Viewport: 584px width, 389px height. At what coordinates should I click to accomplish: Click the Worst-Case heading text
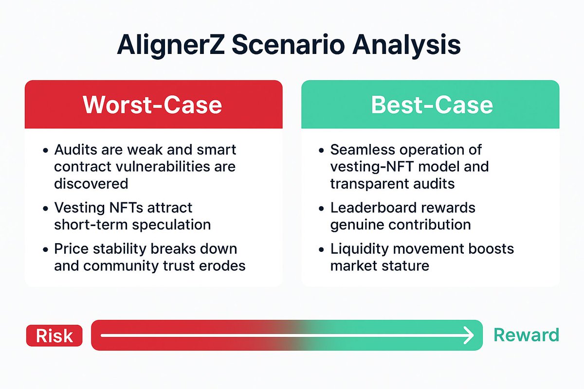click(152, 105)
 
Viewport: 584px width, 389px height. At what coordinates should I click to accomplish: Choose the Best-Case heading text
click(432, 105)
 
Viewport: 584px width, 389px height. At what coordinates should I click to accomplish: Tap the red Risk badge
click(55, 336)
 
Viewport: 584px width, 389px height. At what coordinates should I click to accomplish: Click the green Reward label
click(526, 335)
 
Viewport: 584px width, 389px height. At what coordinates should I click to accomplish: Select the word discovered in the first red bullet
click(91, 183)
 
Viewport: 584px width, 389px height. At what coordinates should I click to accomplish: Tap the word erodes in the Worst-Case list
click(223, 265)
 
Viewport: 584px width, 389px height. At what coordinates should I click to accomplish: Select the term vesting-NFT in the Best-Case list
click(370, 166)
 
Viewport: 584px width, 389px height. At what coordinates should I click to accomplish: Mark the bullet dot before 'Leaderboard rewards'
click(321, 208)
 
